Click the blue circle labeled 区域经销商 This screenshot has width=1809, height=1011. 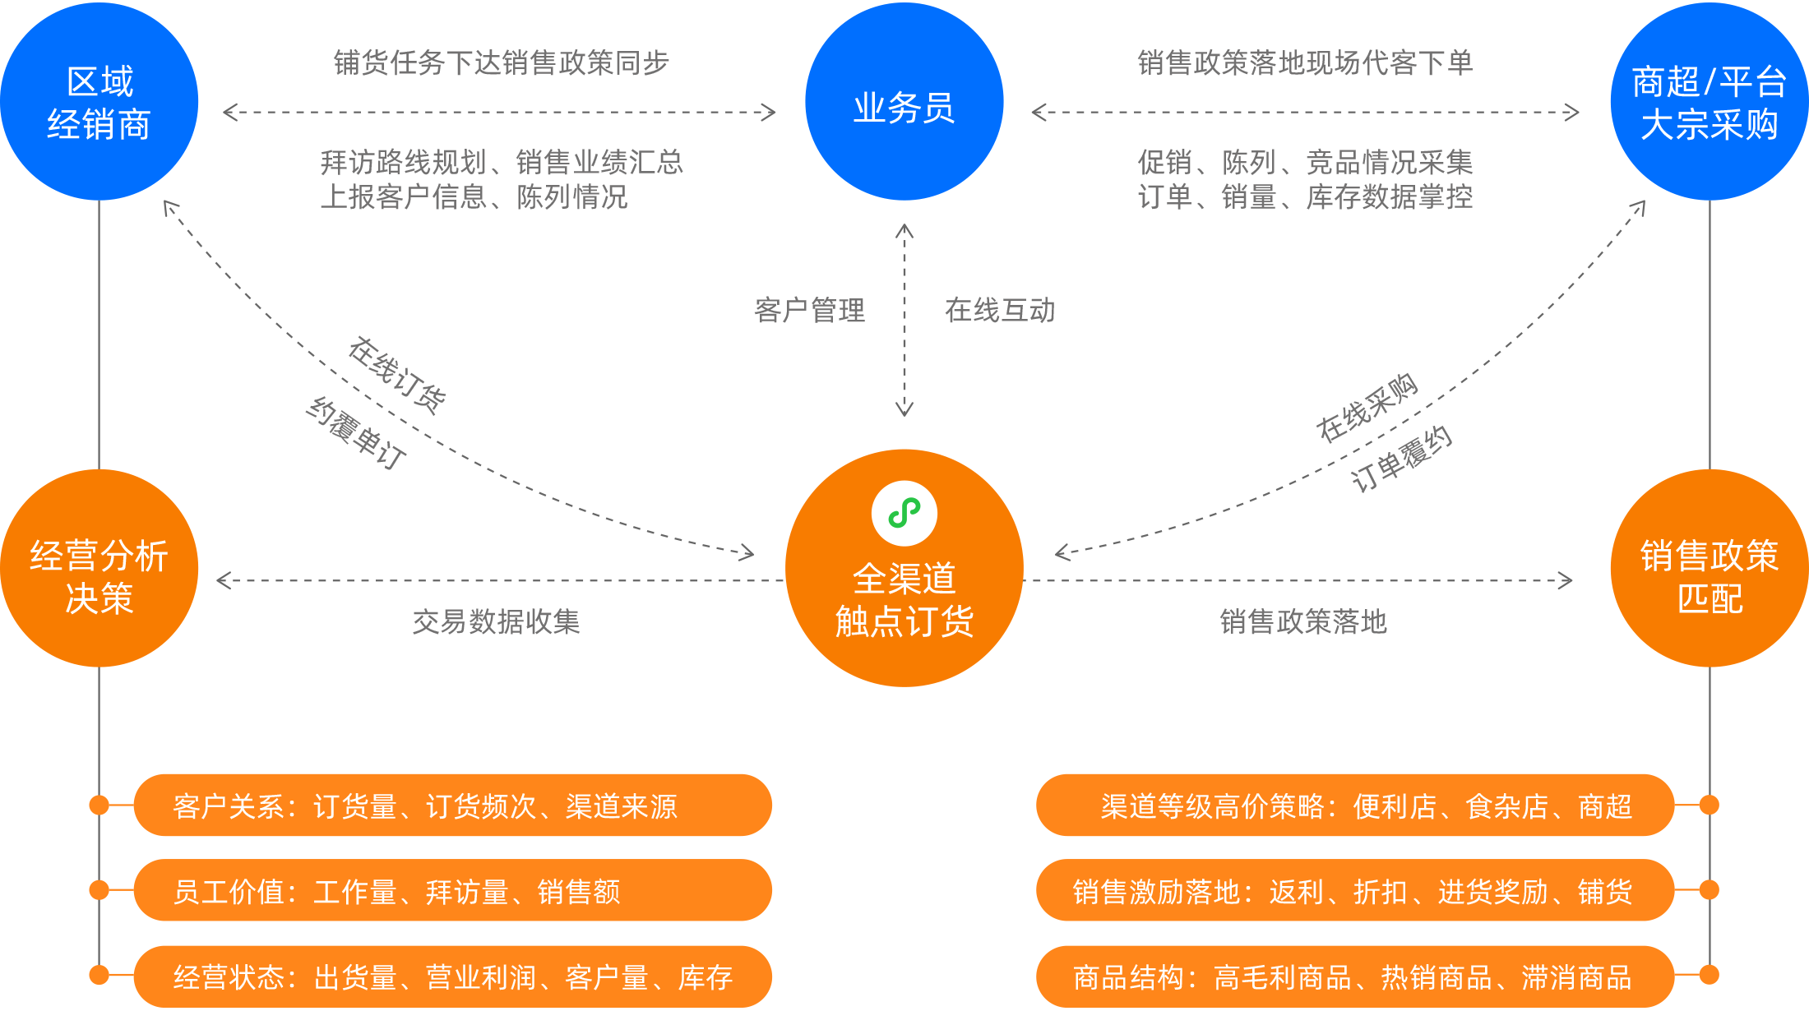[99, 102]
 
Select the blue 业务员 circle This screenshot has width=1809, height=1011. [904, 102]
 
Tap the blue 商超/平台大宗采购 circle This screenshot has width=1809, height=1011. [1709, 102]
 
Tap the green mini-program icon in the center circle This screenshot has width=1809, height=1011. [904, 514]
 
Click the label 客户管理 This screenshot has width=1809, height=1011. [809, 311]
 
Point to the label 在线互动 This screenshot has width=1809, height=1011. [999, 311]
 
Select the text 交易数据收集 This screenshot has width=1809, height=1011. [496, 622]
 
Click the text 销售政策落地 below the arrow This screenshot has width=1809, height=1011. [1302, 622]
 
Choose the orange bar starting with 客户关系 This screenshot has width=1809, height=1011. [452, 806]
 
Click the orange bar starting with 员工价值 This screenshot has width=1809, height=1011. [452, 892]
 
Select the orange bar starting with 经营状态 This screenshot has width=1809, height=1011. [452, 977]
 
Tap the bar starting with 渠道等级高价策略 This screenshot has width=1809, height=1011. [1355, 806]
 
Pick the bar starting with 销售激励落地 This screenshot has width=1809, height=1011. [1355, 892]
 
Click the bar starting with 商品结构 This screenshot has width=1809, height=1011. [1355, 977]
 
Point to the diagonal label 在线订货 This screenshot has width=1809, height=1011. [396, 375]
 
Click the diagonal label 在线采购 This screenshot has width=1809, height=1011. [1367, 409]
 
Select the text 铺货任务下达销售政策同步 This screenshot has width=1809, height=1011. [501, 63]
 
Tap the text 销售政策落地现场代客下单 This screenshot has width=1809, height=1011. [1305, 63]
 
